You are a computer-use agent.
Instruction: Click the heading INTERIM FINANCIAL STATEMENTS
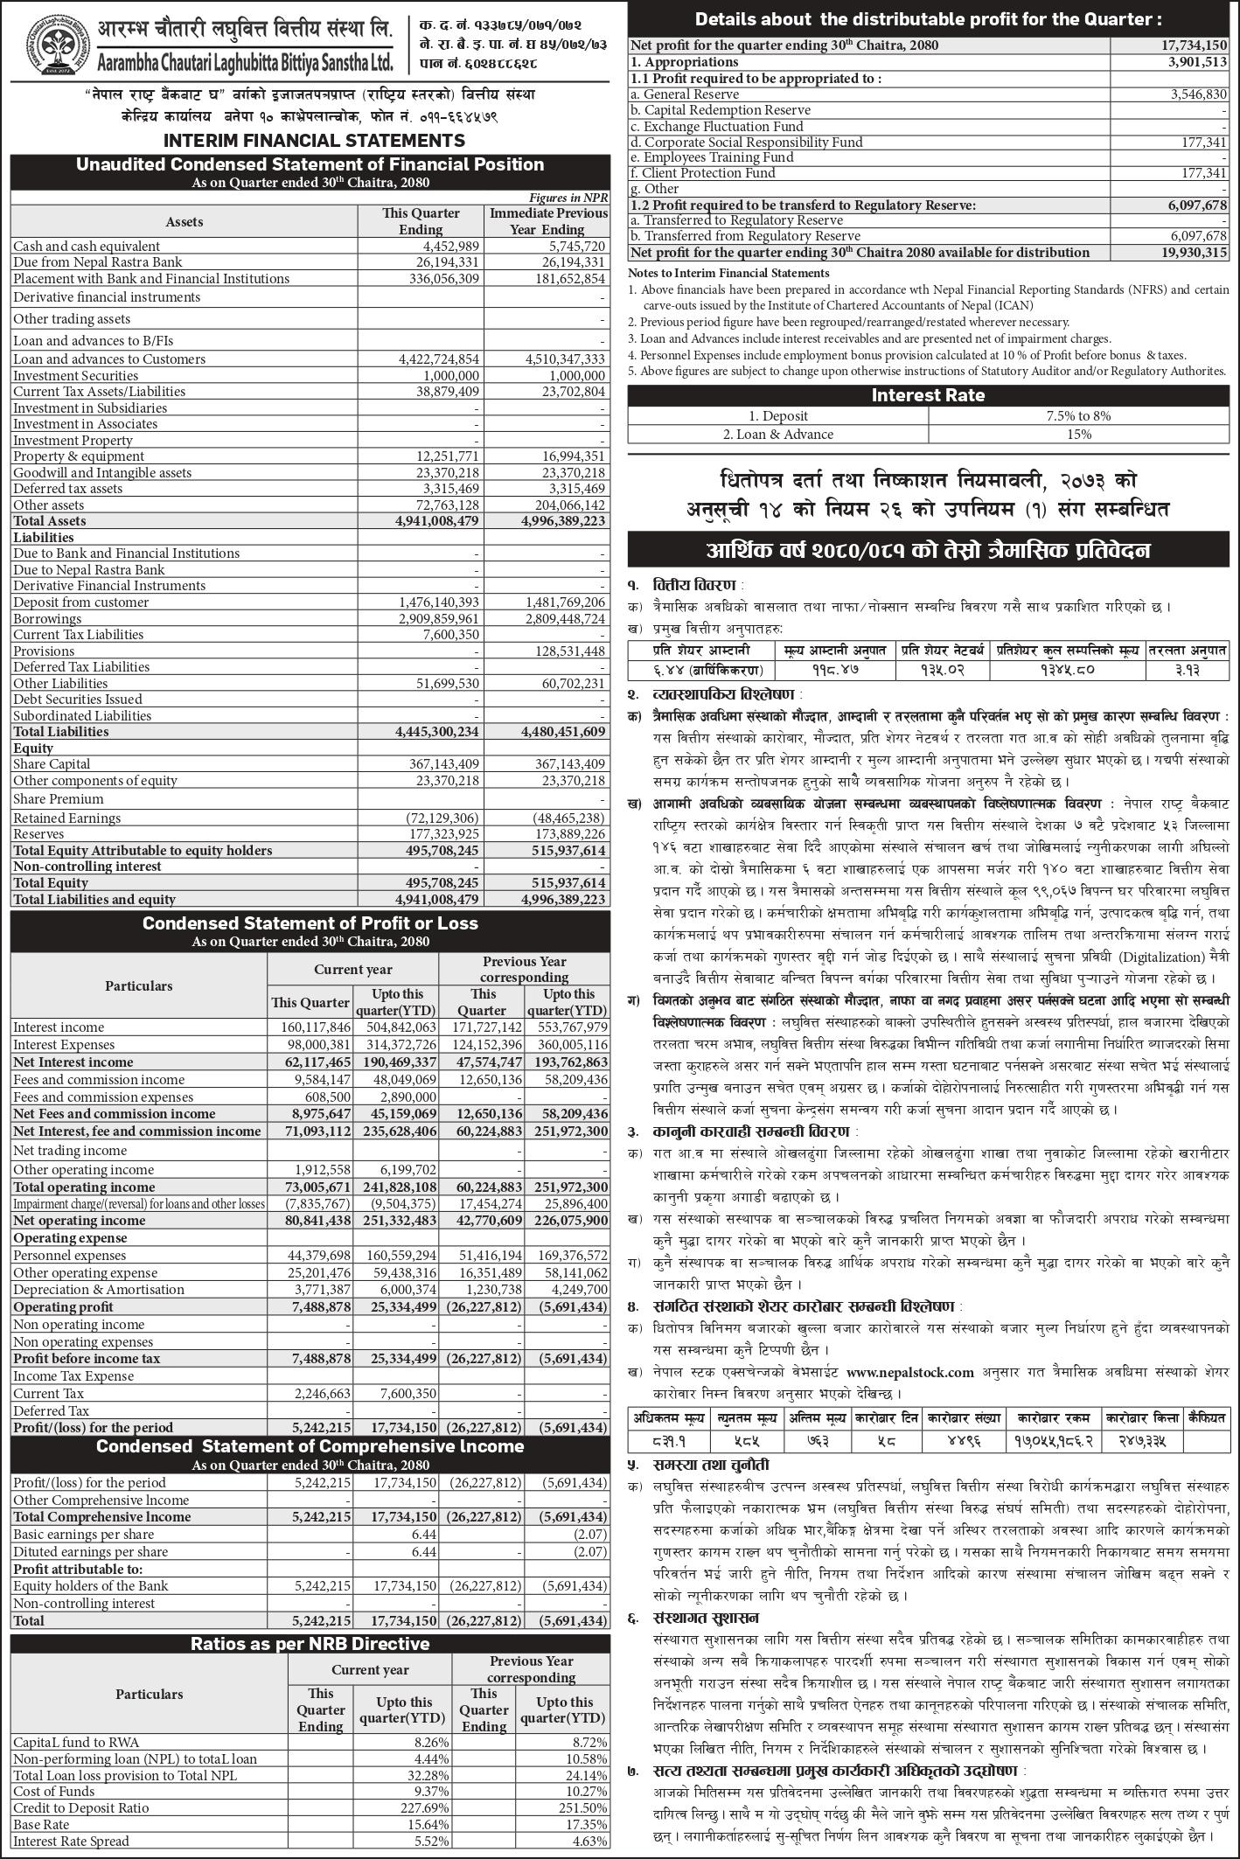click(x=314, y=141)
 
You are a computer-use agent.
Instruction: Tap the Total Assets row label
click(x=50, y=521)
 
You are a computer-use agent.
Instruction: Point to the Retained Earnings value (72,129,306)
click(x=442, y=818)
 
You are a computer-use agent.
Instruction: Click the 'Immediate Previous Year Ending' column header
click(x=547, y=221)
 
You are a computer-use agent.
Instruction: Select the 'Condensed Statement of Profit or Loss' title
click(x=310, y=923)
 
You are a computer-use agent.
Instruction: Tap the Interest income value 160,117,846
click(x=311, y=1027)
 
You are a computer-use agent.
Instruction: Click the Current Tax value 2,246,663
click(x=323, y=1394)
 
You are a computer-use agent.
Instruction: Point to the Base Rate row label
click(x=41, y=1825)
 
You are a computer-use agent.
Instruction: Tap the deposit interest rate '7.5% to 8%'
click(x=1078, y=416)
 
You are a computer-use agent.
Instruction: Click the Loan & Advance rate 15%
click(x=1079, y=435)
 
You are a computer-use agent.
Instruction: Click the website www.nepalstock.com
click(x=909, y=1373)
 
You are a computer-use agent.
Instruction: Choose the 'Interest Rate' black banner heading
click(x=928, y=395)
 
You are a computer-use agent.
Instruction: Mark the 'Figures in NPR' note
click(x=568, y=198)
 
